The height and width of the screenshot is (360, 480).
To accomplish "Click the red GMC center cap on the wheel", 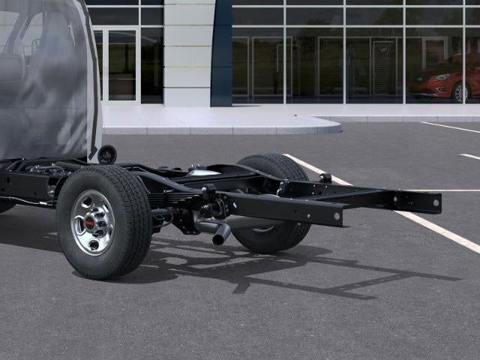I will pos(91,223).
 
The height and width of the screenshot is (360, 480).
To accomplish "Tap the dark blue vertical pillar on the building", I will pos(221,52).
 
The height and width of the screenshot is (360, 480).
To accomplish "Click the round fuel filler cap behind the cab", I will pos(107,154).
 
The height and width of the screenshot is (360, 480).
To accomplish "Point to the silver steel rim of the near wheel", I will pos(93,222).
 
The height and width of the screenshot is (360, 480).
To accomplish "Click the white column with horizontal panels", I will pos(187,52).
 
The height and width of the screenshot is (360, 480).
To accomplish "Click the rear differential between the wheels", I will pos(204,173).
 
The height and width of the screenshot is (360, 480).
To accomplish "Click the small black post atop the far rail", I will pos(325,178).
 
